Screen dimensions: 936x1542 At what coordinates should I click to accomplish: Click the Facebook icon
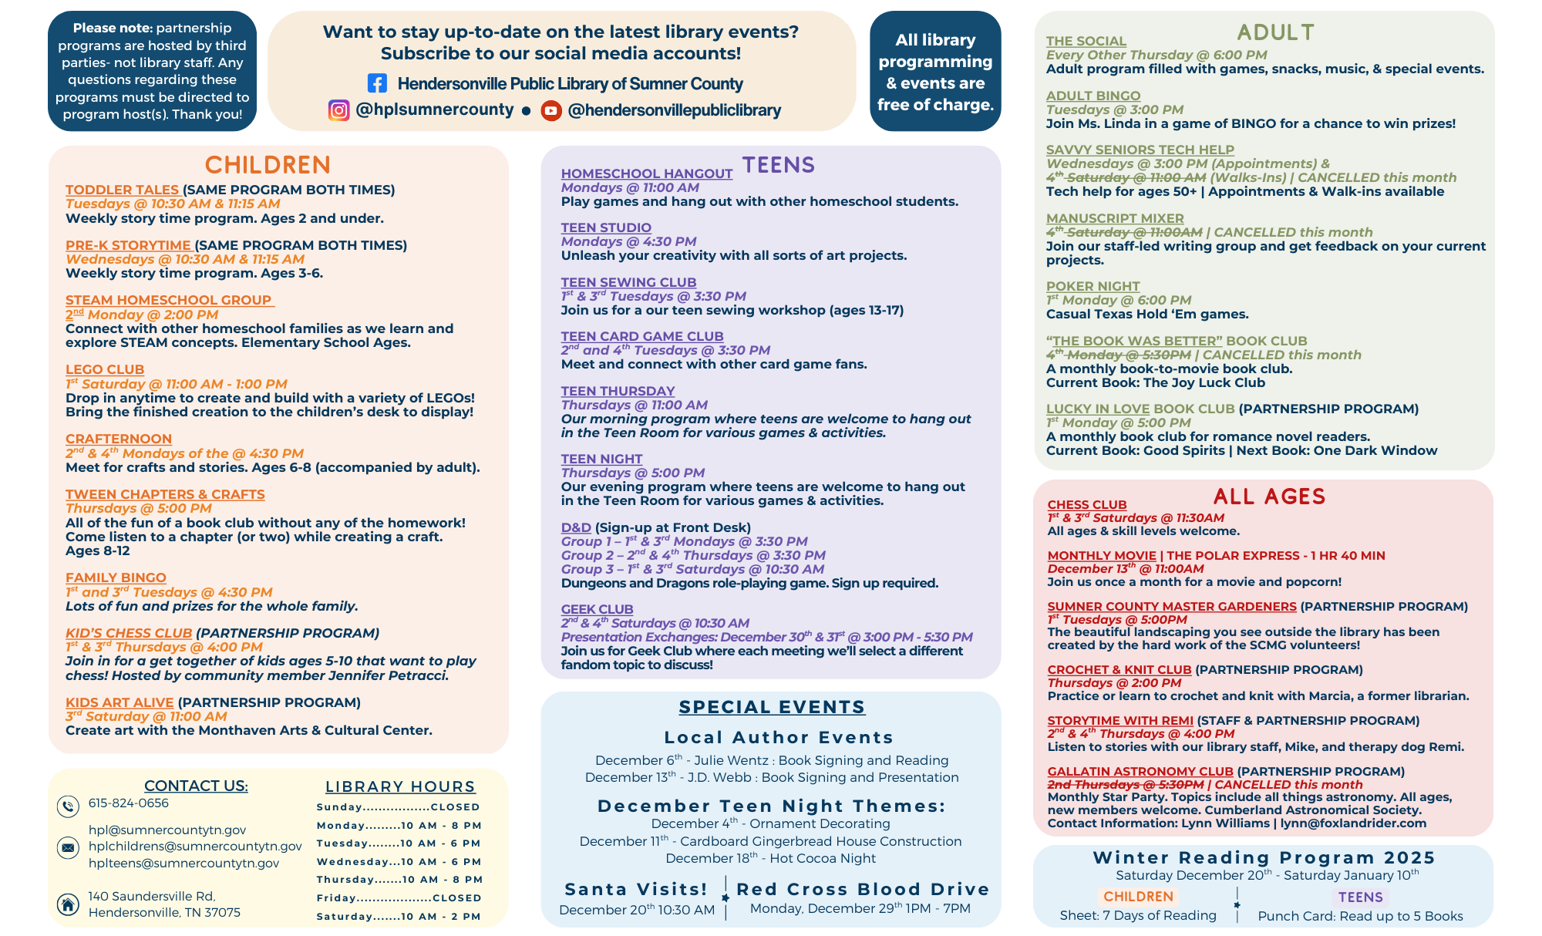[x=377, y=83]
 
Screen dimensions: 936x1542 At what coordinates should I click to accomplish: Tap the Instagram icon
[x=338, y=110]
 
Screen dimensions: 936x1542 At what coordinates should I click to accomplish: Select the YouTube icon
[x=550, y=111]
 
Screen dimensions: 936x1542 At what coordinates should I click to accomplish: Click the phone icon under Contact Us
[x=68, y=806]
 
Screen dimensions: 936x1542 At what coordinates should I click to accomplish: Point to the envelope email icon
[x=68, y=847]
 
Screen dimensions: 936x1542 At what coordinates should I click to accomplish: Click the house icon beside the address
[x=68, y=904]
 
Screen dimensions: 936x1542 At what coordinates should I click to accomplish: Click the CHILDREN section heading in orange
[x=268, y=165]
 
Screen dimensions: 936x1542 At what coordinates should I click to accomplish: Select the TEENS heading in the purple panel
[x=778, y=165]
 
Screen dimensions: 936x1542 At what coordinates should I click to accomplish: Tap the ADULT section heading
[x=1275, y=32]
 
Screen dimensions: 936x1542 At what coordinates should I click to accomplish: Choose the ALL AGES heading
[x=1269, y=497]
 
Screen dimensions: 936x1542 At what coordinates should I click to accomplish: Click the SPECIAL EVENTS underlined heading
[x=772, y=707]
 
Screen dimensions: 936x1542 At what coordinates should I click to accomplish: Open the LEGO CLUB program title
[x=105, y=370]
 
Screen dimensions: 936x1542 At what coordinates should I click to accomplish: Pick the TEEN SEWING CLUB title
[x=628, y=283]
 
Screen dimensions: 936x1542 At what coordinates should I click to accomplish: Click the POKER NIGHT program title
[x=1093, y=286]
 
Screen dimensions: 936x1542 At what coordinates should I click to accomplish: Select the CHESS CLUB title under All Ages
[x=1086, y=505]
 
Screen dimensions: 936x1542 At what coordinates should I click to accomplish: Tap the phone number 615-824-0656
[x=128, y=803]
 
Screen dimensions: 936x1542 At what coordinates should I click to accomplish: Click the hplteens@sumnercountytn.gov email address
[x=183, y=864]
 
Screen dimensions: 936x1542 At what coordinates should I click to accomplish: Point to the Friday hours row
[x=399, y=898]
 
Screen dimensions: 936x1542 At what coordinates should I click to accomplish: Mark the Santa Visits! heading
[x=636, y=889]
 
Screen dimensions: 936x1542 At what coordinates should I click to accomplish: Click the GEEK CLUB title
[x=597, y=610]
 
